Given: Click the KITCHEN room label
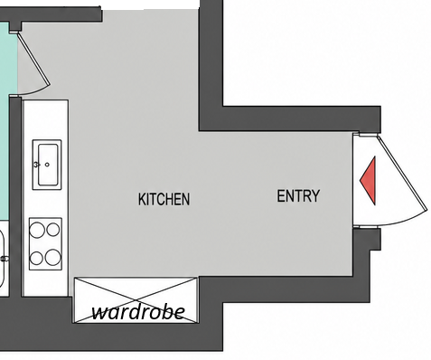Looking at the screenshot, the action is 164,199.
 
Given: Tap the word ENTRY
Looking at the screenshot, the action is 298,196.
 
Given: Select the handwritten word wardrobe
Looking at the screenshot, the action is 138,312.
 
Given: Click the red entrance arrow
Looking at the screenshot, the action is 368,181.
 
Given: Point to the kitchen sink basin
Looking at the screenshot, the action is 48,165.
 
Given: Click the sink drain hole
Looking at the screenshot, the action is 47,165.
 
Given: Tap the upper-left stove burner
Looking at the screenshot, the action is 37,230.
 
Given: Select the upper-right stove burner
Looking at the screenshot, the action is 53,230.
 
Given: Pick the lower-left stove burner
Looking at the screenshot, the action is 36,258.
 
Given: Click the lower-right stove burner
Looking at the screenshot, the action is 53,257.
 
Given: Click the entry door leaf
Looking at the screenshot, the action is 402,173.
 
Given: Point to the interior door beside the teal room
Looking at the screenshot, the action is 33,59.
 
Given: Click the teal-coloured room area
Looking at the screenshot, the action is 8,120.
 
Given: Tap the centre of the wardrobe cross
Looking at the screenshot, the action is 136,300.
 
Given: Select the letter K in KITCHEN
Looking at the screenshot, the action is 142,199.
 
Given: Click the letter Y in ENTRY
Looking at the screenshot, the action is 315,196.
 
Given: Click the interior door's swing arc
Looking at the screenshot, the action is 38,90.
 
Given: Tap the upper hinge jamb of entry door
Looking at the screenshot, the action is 368,134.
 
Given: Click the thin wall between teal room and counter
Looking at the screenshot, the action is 15,196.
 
